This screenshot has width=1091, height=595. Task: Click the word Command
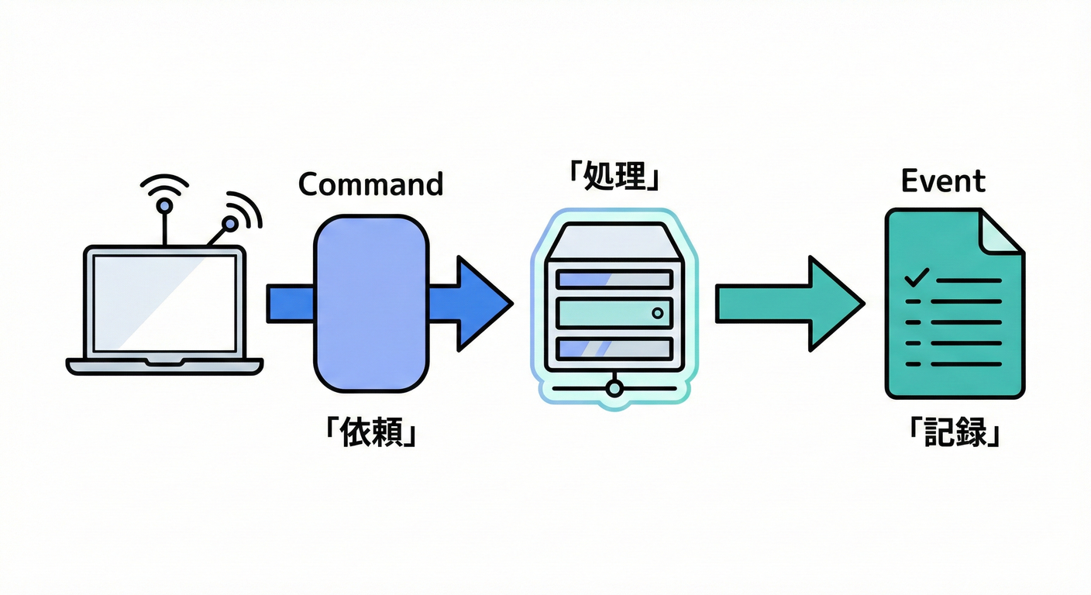[370, 184]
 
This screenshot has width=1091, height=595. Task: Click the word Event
[943, 181]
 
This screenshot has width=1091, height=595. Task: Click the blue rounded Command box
[370, 302]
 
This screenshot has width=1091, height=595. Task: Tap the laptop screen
[164, 302]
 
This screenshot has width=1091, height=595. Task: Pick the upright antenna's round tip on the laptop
[164, 206]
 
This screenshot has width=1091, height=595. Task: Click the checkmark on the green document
[917, 276]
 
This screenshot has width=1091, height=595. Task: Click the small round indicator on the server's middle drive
[658, 313]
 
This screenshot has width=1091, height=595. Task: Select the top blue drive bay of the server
[613, 279]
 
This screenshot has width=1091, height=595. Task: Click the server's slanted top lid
[613, 242]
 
